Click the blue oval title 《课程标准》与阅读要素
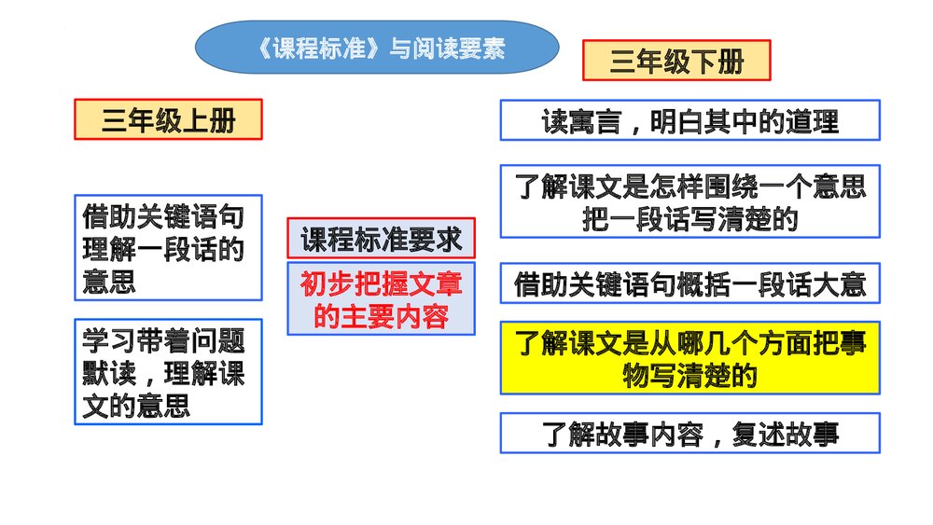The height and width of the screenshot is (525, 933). pyautogui.click(x=377, y=48)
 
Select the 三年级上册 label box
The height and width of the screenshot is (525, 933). pyautogui.click(x=168, y=120)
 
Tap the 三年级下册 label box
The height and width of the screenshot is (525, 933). pyautogui.click(x=676, y=62)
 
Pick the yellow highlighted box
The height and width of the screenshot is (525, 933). pyautogui.click(x=689, y=359)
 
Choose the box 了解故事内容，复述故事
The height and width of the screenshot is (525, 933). pyautogui.click(x=689, y=434)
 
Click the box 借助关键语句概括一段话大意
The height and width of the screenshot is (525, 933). pyautogui.click(x=689, y=283)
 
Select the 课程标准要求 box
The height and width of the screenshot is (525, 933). pyautogui.click(x=381, y=240)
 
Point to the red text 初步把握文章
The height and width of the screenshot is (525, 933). pyautogui.click(x=381, y=283)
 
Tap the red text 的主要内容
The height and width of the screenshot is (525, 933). pyautogui.click(x=381, y=316)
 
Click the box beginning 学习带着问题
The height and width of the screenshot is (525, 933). pyautogui.click(x=168, y=372)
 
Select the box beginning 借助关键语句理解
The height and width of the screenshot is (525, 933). pyautogui.click(x=168, y=248)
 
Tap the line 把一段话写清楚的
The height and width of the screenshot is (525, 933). pyautogui.click(x=689, y=219)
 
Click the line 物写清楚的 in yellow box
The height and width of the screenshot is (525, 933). pyautogui.click(x=689, y=375)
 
